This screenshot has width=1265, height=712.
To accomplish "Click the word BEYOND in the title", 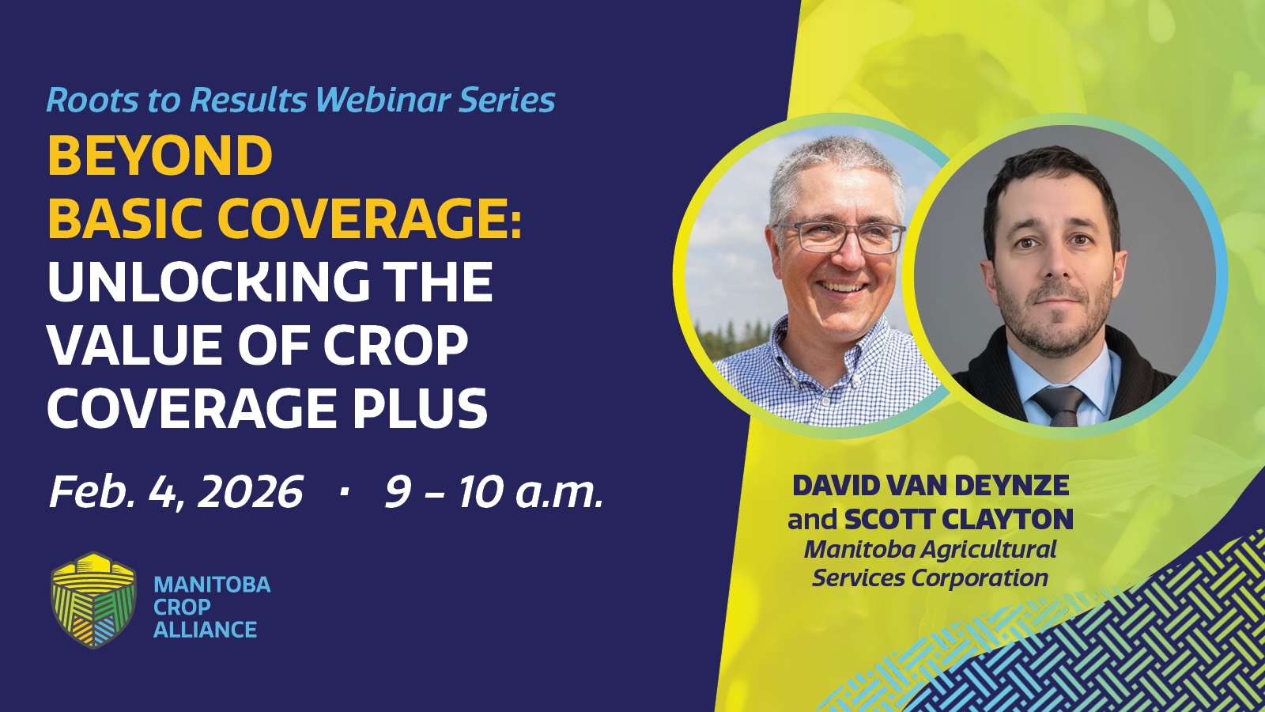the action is click(x=160, y=155).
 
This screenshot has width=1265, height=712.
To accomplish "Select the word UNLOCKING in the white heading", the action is click(x=209, y=282).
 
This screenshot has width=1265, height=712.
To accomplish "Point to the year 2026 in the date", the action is click(x=250, y=492).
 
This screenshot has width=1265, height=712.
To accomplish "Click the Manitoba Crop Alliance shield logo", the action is click(x=93, y=600).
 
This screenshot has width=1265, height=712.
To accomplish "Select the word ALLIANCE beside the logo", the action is click(x=206, y=630).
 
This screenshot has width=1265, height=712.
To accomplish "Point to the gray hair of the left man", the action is click(x=836, y=164).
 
